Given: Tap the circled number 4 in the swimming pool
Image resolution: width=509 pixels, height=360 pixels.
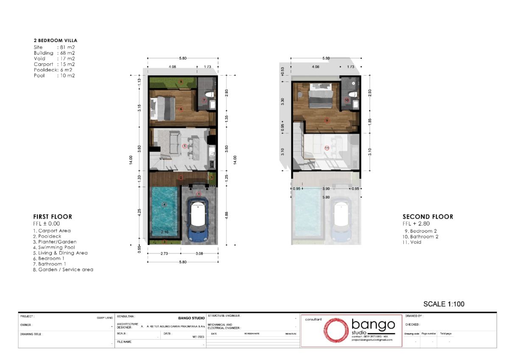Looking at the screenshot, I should coord(165,204).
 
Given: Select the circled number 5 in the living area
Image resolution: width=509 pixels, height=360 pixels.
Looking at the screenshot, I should coord(185,146).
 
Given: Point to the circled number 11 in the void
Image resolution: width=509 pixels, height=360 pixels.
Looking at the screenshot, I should coord(327,148).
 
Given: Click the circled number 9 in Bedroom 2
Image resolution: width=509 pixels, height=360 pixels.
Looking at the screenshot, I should coord(327,120).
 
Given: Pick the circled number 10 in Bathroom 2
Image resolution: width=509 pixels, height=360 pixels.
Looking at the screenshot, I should coord(347,100).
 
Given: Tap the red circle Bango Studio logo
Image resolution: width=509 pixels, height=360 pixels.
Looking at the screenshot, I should coord(337,331).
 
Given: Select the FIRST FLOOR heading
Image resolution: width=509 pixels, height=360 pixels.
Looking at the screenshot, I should coord(53,217).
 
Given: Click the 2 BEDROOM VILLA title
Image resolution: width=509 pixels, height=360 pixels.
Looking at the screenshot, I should coord(56,41).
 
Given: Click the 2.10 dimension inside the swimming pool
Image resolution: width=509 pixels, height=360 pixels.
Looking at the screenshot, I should coord(165,232).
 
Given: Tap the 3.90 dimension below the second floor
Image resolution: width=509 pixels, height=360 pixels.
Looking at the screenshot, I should coord(326,188).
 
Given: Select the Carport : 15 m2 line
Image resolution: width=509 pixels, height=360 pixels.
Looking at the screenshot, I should coord(54,64).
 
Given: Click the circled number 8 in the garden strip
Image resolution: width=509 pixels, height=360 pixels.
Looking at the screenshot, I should coord(181,82).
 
